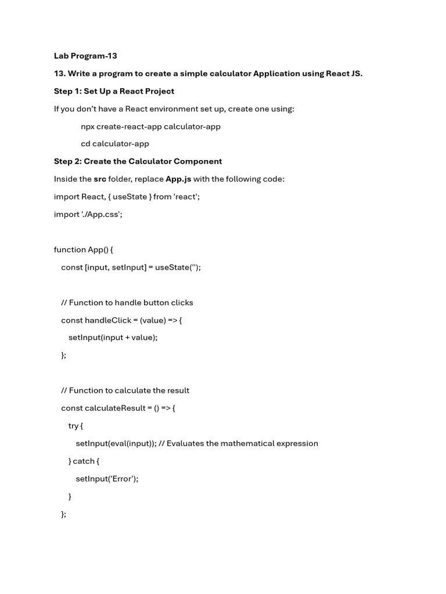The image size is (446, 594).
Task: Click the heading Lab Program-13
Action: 85,56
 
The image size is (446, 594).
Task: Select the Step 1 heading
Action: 114,91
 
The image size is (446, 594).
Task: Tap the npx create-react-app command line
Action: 150,126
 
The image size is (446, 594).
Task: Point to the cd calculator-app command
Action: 115,144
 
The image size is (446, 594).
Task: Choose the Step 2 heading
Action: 138,161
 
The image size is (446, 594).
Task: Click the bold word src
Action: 100,179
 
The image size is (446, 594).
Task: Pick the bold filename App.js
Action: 178,179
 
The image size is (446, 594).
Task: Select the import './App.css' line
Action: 88,214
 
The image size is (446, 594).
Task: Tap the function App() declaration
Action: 84,249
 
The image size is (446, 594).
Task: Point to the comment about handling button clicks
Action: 127,303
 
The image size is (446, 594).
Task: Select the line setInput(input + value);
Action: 113,338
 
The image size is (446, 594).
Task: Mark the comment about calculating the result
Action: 125,390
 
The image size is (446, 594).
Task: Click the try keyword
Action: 73,426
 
